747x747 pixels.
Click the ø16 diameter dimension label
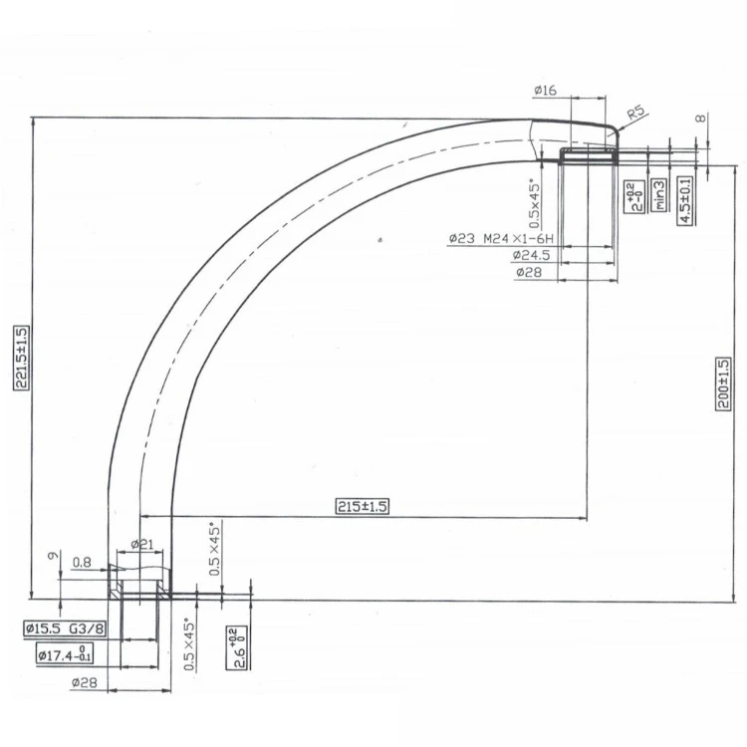(x=545, y=91)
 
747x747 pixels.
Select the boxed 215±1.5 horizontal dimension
(x=362, y=506)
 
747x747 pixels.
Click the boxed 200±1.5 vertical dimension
(x=724, y=383)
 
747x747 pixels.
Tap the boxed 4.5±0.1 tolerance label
(x=685, y=199)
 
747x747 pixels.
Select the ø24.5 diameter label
(x=531, y=256)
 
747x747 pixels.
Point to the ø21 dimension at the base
(x=141, y=544)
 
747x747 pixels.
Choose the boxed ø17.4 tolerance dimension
(x=66, y=654)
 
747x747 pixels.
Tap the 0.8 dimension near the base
(x=84, y=563)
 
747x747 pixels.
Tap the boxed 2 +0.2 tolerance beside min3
(x=631, y=196)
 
